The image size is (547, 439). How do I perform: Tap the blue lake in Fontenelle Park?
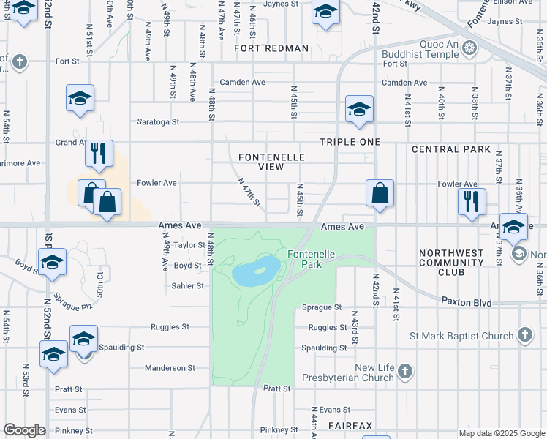point(256,272)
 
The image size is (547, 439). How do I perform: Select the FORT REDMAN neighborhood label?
point(272,48)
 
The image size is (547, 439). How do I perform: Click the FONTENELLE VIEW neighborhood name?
point(261,161)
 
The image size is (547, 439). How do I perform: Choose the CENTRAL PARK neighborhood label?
point(451,149)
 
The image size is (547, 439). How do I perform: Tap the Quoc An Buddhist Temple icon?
point(469,50)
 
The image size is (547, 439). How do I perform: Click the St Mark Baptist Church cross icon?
point(524,336)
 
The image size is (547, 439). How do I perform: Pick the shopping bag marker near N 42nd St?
point(380,194)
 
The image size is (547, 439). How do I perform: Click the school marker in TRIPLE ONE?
point(359,109)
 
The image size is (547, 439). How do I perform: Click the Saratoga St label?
point(159,121)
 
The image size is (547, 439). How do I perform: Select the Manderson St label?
point(170,368)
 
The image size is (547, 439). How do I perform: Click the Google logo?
point(24,430)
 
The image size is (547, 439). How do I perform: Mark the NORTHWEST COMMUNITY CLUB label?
point(451,263)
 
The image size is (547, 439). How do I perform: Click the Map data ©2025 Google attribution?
point(501,433)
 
